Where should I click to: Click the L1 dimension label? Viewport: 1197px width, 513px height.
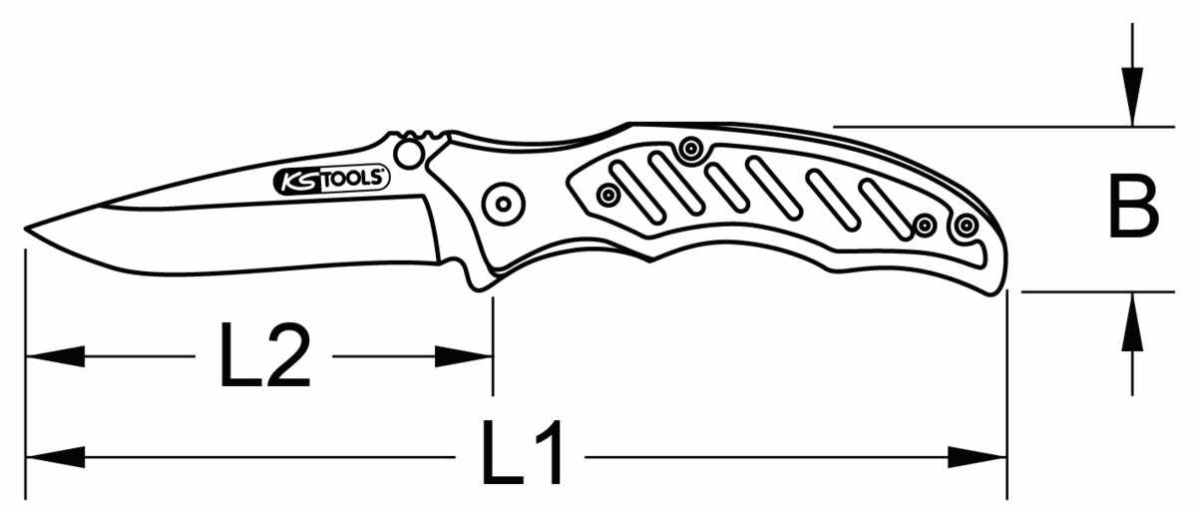coord(522,452)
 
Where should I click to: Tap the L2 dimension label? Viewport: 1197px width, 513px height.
coord(265,354)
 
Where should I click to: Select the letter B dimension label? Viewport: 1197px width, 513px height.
coord(1133,206)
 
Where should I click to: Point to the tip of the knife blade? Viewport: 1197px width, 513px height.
coord(25,229)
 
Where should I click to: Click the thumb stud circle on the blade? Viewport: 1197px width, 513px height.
coord(408,154)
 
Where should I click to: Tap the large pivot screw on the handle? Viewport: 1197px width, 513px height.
coord(503,204)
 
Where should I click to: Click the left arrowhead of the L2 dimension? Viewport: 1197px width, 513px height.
coord(55,356)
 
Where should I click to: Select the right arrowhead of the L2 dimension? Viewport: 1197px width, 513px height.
coord(464,356)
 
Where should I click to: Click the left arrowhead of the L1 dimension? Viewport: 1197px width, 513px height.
coord(55,457)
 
